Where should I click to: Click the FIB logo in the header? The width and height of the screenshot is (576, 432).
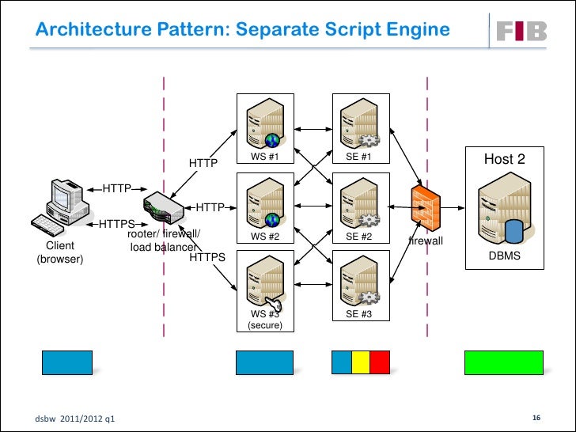522,31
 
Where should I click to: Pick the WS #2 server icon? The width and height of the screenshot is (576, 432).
264,202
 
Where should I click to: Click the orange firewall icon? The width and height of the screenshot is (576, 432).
425,208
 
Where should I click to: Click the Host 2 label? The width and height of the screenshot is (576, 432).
504,159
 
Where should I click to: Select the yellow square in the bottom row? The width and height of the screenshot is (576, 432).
361,362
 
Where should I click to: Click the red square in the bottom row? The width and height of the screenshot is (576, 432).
380,362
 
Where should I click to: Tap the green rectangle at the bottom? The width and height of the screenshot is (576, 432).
503,362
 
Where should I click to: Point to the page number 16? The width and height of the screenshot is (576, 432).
536,417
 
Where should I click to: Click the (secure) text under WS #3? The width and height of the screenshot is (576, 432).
264,325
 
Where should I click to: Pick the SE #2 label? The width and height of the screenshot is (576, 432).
358,236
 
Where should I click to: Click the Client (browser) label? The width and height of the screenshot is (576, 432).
61,252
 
